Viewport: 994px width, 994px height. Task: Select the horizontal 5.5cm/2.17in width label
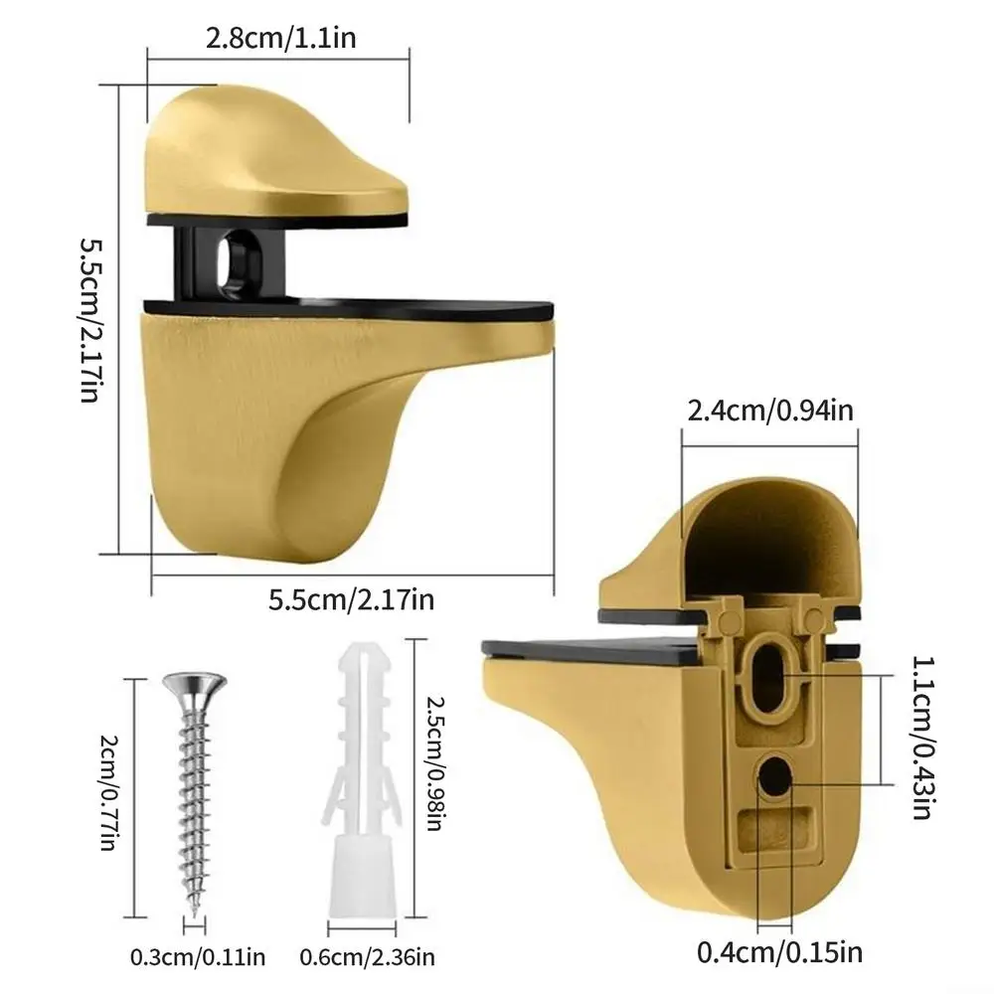(x=352, y=599)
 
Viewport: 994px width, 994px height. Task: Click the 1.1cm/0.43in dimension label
(x=922, y=736)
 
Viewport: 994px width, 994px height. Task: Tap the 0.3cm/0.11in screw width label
(x=198, y=958)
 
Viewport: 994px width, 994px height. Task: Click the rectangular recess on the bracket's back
(x=776, y=826)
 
